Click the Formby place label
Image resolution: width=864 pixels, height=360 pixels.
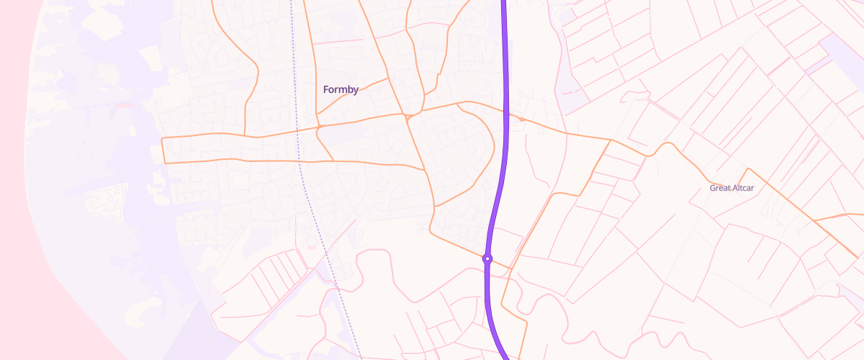pyautogui.click(x=341, y=89)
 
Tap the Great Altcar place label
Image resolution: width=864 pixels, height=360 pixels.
pyautogui.click(x=731, y=188)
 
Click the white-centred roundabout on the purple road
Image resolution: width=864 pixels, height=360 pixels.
pyautogui.click(x=487, y=258)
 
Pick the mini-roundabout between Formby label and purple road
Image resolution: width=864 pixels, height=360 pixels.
pyautogui.click(x=408, y=116)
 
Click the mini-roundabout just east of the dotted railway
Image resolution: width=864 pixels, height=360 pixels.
pyautogui.click(x=319, y=127)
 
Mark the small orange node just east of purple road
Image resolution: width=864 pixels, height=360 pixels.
pyautogui.click(x=521, y=119)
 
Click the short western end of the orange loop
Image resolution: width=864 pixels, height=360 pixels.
pyautogui.click(x=164, y=150)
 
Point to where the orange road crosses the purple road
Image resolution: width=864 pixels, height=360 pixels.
pyautogui.click(x=506, y=114)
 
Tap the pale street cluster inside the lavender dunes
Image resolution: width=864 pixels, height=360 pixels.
pyautogui.click(x=106, y=198)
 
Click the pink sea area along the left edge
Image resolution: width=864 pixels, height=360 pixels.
pyautogui.click(x=14, y=180)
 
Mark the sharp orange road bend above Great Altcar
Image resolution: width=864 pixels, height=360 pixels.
pyautogui.click(x=748, y=170)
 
